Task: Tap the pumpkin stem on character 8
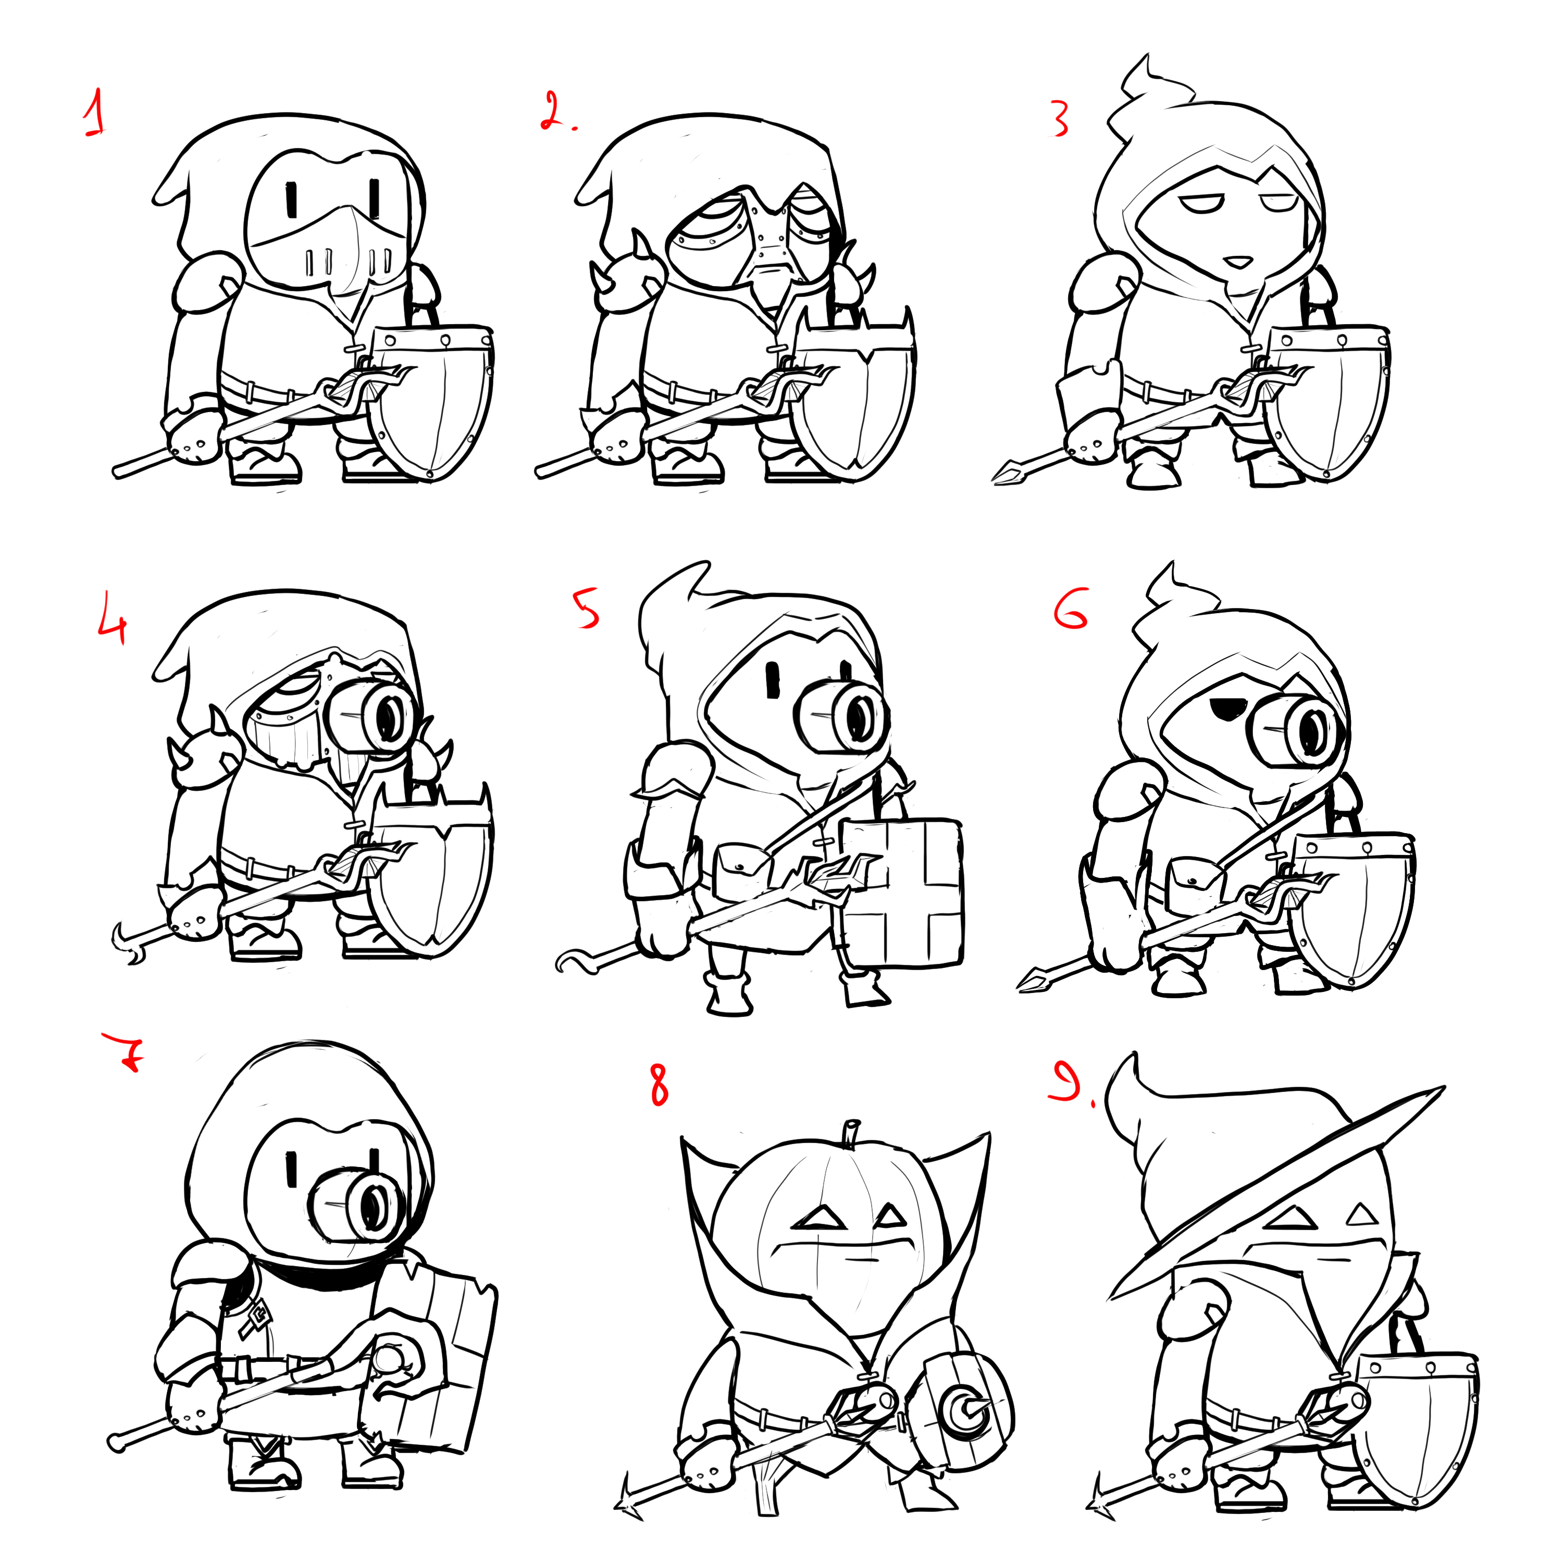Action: (x=851, y=1133)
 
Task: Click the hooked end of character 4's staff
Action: (x=121, y=938)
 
